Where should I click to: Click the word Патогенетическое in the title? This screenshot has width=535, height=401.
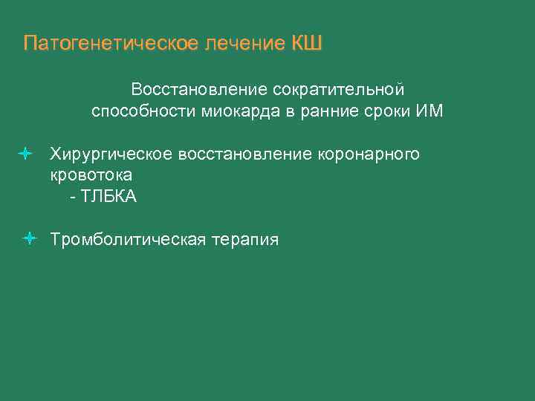pyautogui.click(x=109, y=43)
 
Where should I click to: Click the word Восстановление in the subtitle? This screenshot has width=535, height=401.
pyautogui.click(x=198, y=90)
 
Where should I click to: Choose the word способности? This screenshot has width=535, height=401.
pyautogui.click(x=143, y=112)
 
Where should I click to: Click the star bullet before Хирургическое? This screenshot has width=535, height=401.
pyautogui.click(x=25, y=154)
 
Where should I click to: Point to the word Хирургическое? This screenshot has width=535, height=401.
pyautogui.click(x=111, y=154)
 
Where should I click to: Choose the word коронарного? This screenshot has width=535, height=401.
pyautogui.click(x=369, y=154)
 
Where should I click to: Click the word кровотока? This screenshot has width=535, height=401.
pyautogui.click(x=91, y=176)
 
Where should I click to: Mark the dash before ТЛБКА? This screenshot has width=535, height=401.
pyautogui.click(x=72, y=198)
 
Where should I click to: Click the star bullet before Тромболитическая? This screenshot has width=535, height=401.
pyautogui.click(x=29, y=239)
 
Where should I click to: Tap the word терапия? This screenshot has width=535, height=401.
pyautogui.click(x=245, y=240)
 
